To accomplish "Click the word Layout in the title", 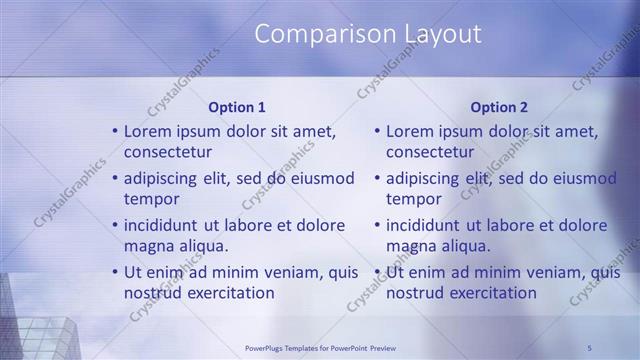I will click(x=442, y=34).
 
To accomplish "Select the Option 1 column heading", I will click(x=237, y=107).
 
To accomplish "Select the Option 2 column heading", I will click(x=499, y=107).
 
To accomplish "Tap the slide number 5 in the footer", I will click(x=590, y=348).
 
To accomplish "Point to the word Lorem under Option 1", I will click(x=147, y=131).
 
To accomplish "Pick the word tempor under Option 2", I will click(x=407, y=199).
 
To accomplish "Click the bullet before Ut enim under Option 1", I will click(x=115, y=271).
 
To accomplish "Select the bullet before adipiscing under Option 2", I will click(x=377, y=178).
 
